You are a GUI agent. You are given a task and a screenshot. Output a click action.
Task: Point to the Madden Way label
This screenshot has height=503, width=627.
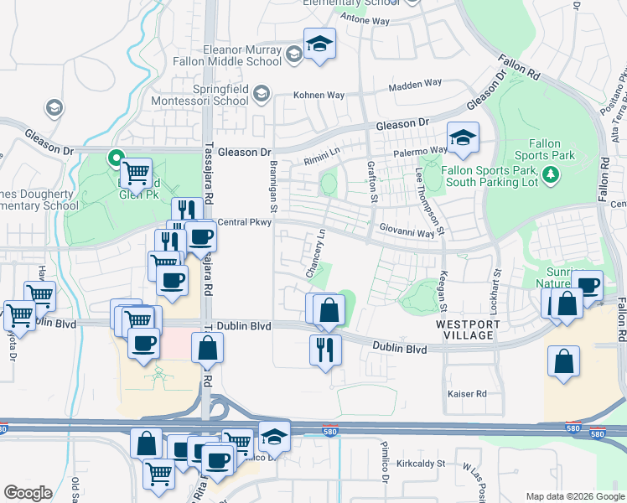click(x=415, y=83)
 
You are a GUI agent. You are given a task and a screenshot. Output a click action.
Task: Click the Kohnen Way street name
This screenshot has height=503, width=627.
click(x=319, y=95)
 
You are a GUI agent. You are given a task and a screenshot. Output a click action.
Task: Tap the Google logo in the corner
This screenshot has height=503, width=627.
click(x=28, y=493)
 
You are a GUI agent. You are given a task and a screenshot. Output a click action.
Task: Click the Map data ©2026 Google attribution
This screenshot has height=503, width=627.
click(x=574, y=496)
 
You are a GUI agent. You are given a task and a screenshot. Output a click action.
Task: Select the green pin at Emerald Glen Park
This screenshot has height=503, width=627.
click(x=115, y=156)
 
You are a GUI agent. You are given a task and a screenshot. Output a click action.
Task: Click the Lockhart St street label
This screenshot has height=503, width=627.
click(x=495, y=291)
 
